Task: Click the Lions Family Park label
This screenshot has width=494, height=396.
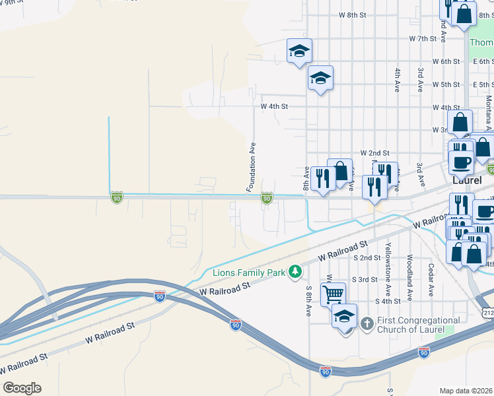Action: point(250,273)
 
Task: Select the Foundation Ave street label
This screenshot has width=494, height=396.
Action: point(252,166)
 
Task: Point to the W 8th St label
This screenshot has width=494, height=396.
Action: point(352,15)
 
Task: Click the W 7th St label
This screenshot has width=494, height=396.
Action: point(423,39)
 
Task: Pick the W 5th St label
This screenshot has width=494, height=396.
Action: point(446,84)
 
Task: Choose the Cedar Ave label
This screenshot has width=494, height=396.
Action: point(431,280)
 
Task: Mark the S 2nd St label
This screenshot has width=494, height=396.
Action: point(367,257)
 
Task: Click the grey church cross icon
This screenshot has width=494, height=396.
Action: point(367,323)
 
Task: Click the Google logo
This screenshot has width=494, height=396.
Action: point(22,388)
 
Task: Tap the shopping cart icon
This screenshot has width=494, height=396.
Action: point(333,293)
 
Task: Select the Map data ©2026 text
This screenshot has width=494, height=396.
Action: point(466,391)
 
